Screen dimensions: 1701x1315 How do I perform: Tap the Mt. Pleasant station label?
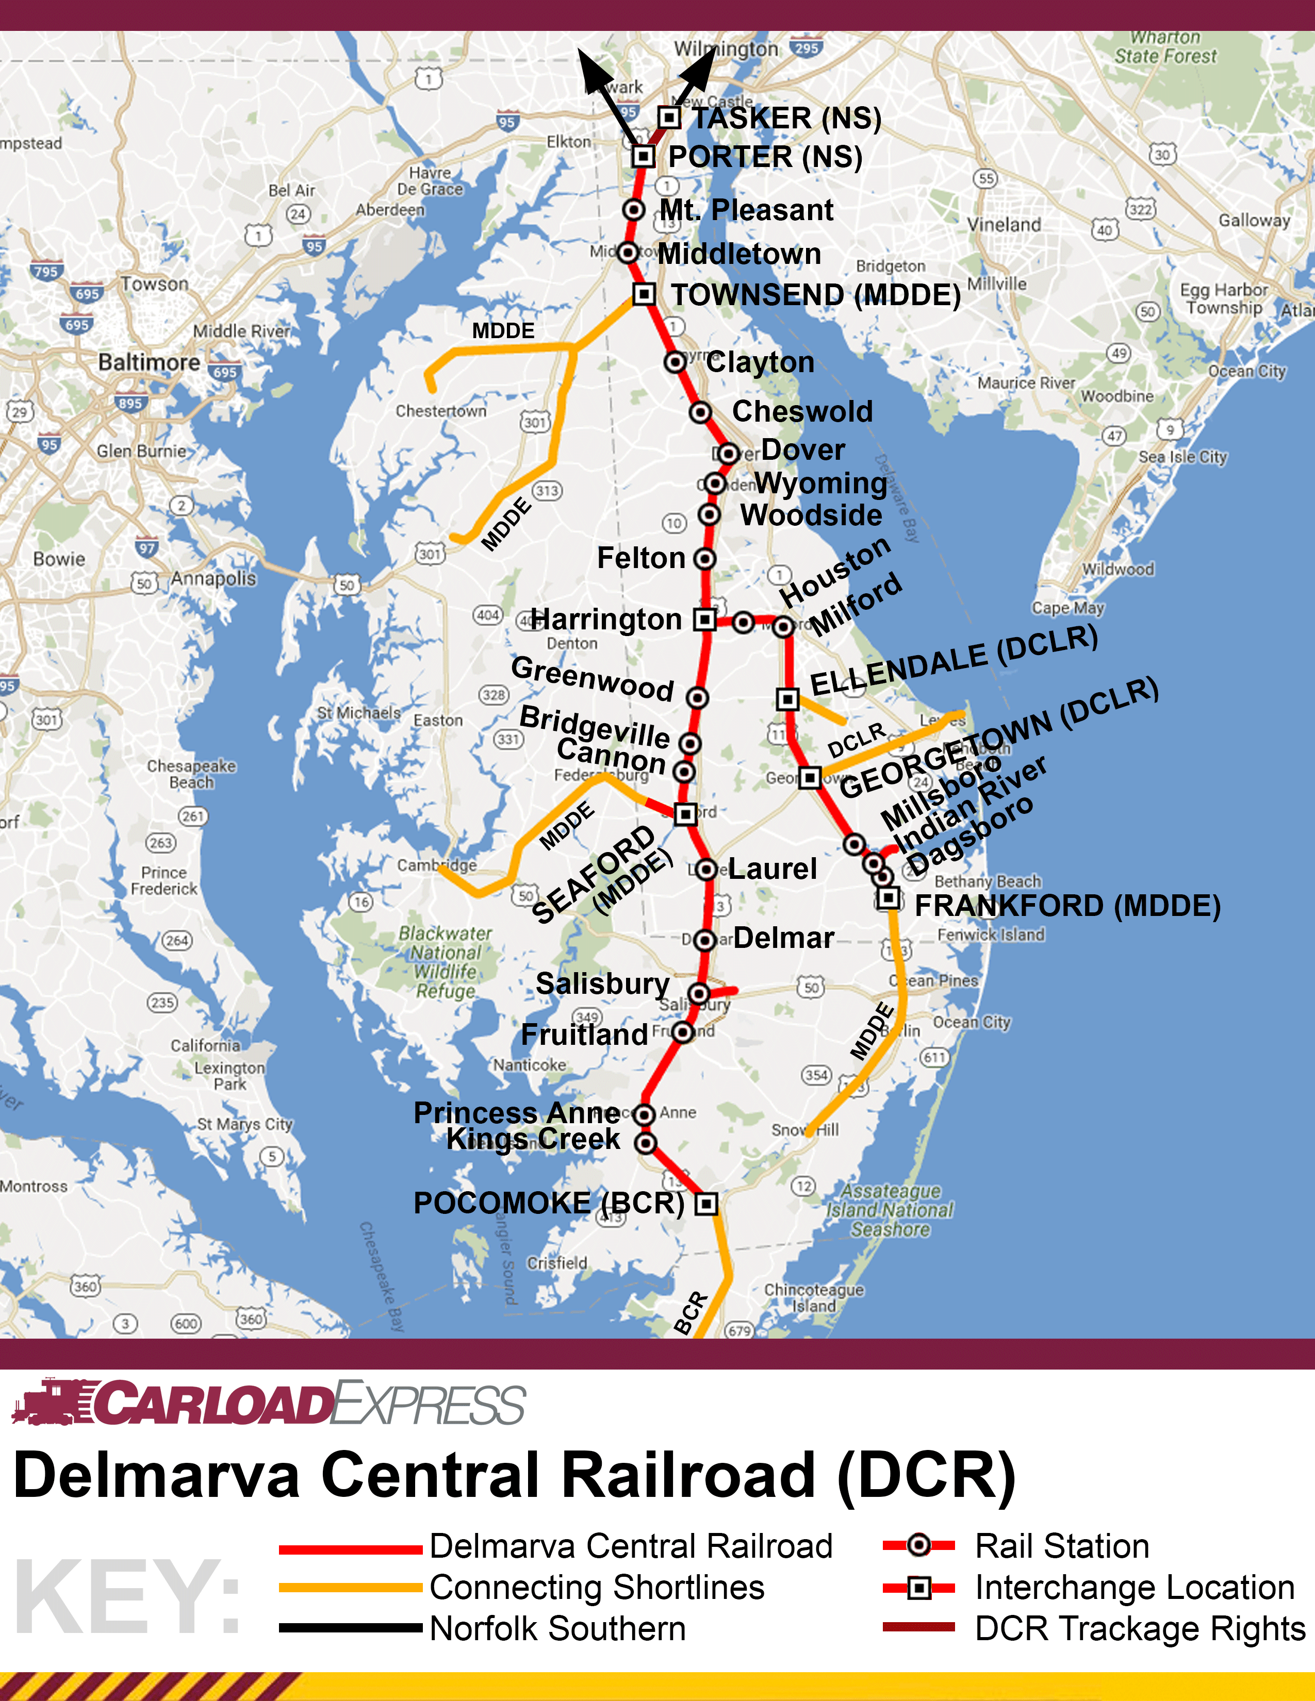(746, 210)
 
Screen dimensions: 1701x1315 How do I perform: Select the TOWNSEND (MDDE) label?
(816, 295)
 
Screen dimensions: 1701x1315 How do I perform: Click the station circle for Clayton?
(675, 362)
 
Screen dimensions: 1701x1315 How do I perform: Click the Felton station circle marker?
(704, 558)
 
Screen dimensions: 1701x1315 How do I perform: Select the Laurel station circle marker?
(706, 869)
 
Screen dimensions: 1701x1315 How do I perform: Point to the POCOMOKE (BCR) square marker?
(706, 1203)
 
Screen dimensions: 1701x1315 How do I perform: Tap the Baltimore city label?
(149, 362)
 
